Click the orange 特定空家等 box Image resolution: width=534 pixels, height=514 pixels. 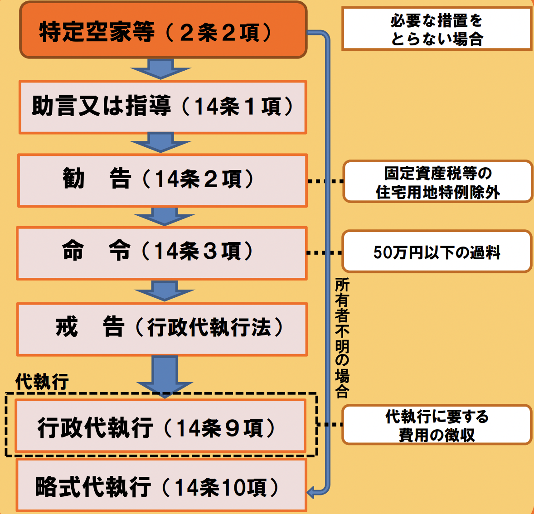coord(163,30)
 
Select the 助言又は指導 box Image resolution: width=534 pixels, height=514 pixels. coord(163,107)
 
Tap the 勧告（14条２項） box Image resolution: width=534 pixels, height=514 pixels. coord(162,180)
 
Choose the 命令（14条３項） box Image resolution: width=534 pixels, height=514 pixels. coord(162,252)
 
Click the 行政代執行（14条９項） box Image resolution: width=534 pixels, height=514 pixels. coord(160,426)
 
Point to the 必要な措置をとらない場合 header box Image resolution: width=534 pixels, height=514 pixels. coord(436,29)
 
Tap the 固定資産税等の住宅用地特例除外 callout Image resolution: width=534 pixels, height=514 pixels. coord(437,181)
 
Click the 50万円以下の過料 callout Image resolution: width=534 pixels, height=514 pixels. coord(437,252)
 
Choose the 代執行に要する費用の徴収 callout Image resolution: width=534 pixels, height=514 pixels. coord(437,425)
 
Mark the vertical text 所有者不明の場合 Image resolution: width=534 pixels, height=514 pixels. coord(342,338)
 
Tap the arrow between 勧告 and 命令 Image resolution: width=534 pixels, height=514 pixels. coord(164,216)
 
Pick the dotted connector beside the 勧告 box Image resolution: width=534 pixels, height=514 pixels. coord(325,181)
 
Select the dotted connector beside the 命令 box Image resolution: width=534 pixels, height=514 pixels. coord(325,252)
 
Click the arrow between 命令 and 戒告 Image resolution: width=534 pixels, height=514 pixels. coord(164,291)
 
